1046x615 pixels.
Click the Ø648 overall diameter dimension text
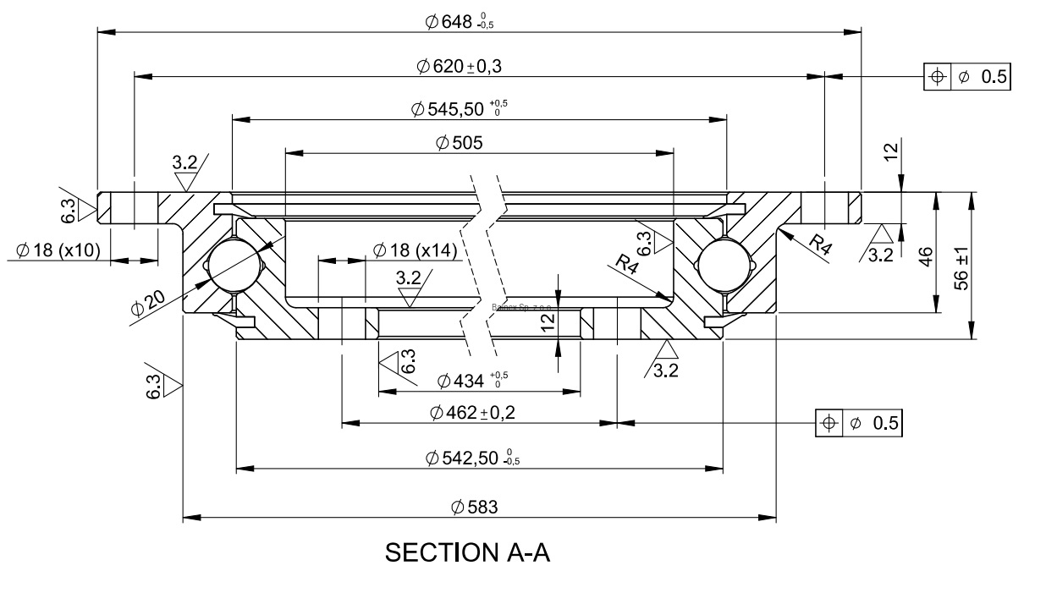[x=459, y=22]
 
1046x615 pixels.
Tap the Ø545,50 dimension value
[x=460, y=109]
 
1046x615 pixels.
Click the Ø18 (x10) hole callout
[x=57, y=250]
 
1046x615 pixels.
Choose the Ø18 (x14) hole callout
[x=415, y=250]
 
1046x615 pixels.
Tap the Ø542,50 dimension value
[x=471, y=458]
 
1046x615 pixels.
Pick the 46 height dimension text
[x=926, y=255]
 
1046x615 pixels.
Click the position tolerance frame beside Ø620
[x=967, y=76]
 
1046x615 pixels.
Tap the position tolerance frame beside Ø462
[x=859, y=423]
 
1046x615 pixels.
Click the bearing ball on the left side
[x=231, y=266]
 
